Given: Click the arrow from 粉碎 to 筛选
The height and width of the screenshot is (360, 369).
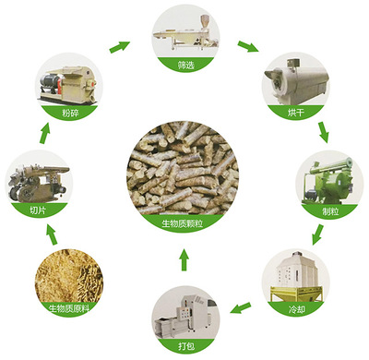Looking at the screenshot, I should (x=118, y=44).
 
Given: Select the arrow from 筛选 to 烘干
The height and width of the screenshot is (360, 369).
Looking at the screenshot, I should (x=248, y=44).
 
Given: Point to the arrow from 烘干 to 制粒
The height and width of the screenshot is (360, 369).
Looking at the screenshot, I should (x=323, y=132).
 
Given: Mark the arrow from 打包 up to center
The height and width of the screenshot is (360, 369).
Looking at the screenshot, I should (x=184, y=260).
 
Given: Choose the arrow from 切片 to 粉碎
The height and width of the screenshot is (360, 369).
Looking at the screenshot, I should (x=41, y=133).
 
